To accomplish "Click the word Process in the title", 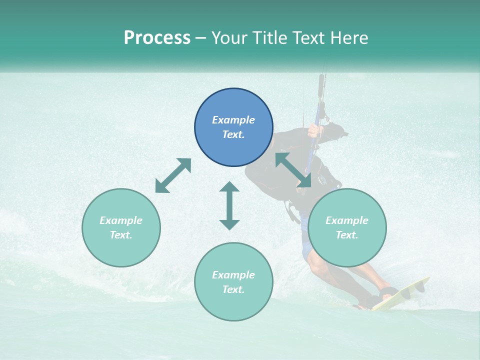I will click(157, 38).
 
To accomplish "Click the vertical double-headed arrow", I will click(229, 205).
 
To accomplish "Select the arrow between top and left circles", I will click(173, 175).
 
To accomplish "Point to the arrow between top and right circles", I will click(293, 170).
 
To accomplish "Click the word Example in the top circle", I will click(233, 120).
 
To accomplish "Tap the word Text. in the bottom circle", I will click(233, 289).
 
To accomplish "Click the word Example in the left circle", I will click(121, 220).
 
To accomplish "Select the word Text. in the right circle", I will click(347, 235).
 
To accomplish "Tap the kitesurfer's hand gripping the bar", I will click(313, 131).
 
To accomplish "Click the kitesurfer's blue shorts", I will click(306, 245).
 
